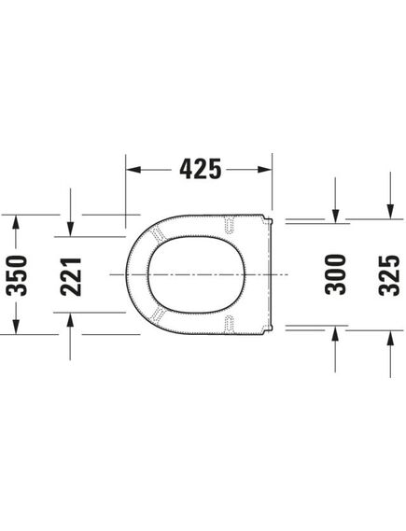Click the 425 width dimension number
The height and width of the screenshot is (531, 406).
(201, 169)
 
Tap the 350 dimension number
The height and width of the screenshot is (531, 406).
(16, 275)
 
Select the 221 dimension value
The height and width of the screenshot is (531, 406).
(71, 276)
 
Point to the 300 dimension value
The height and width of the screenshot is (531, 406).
(335, 274)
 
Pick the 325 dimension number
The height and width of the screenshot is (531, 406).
(389, 275)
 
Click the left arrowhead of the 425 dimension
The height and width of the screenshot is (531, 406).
(133, 169)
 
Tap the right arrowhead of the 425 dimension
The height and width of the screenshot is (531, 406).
(264, 169)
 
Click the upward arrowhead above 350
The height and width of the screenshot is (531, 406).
(16, 223)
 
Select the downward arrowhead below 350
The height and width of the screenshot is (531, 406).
(16, 327)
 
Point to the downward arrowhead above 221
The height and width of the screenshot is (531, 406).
(70, 229)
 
